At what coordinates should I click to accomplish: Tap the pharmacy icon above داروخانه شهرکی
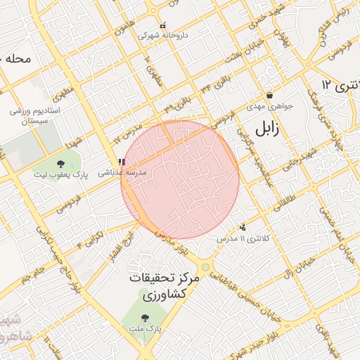[x=163, y=25]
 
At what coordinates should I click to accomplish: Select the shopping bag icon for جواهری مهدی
[x=269, y=96]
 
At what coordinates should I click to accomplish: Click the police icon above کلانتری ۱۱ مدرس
[x=243, y=227]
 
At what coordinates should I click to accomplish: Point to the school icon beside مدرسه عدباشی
[x=122, y=162]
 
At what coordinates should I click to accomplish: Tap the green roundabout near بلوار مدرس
[x=205, y=267]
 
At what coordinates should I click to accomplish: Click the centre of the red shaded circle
[x=181, y=180]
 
